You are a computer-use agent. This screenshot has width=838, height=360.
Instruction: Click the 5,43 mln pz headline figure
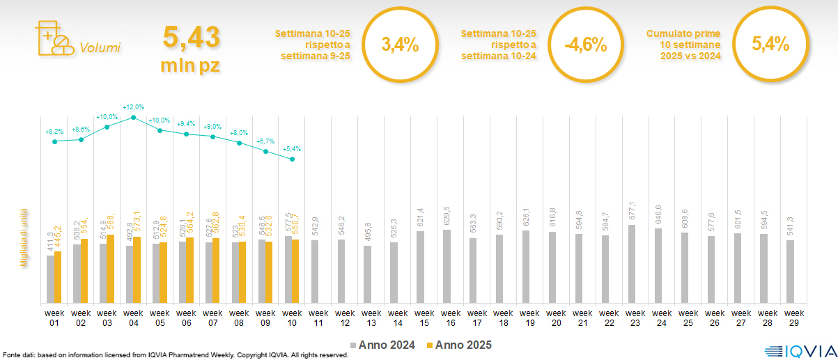(191, 47)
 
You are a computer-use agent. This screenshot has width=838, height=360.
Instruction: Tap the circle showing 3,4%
(400, 45)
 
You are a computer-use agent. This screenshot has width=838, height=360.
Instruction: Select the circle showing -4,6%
(585, 45)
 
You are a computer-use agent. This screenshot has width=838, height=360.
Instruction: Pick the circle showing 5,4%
(770, 45)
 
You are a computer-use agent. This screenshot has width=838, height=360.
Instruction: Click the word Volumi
(100, 48)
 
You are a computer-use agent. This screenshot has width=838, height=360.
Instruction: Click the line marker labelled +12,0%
(133, 118)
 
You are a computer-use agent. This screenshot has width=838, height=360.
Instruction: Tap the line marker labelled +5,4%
(292, 159)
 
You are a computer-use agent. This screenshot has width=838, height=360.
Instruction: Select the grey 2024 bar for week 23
(632, 264)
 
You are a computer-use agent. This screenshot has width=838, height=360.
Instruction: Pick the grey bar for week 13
(368, 274)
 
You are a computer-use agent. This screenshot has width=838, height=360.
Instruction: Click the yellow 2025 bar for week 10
(295, 272)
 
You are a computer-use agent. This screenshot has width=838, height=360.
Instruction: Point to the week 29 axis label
(791, 318)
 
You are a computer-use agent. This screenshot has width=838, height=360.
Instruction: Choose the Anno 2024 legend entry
(382, 345)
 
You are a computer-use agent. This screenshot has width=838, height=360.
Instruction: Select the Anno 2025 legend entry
(460, 345)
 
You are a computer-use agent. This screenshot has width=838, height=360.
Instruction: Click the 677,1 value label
(632, 210)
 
